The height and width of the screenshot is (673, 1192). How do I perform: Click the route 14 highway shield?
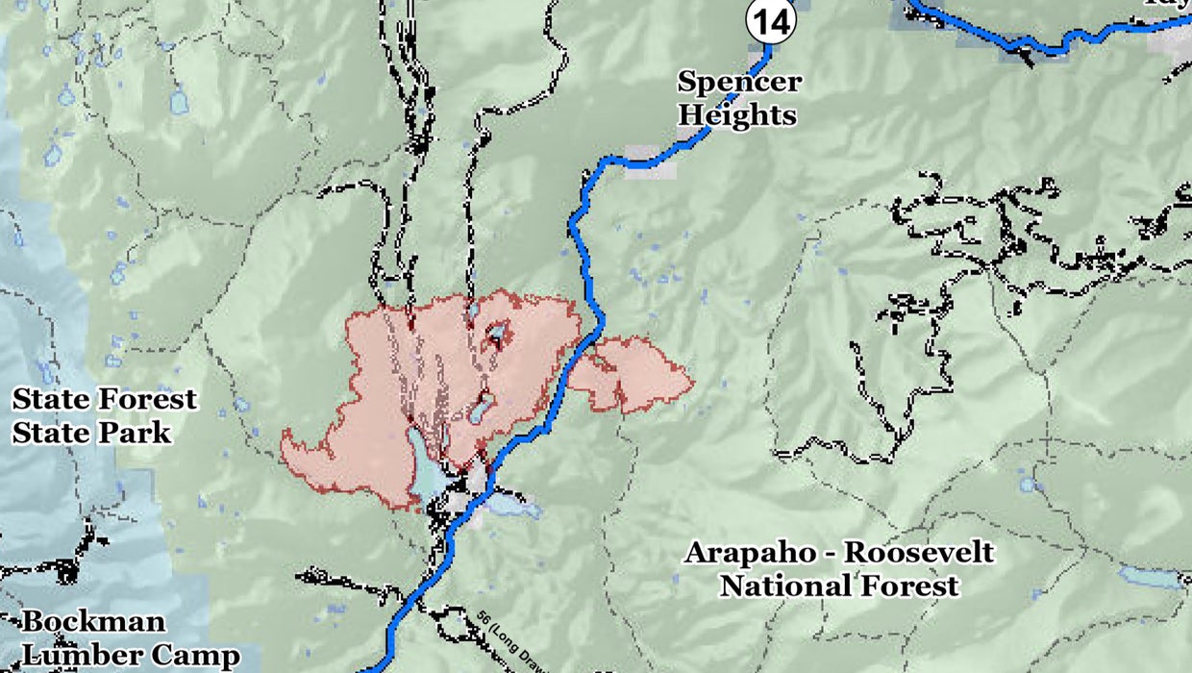point(771,21)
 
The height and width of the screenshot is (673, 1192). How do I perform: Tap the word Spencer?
point(739,81)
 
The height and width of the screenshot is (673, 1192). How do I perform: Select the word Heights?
point(737,115)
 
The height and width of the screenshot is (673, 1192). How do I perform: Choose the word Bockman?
point(93,622)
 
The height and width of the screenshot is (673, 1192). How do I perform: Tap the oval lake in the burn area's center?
point(482,407)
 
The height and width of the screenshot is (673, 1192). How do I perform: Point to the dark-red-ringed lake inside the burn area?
point(496,335)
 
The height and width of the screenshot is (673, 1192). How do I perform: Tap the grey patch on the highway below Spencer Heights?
point(650,161)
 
